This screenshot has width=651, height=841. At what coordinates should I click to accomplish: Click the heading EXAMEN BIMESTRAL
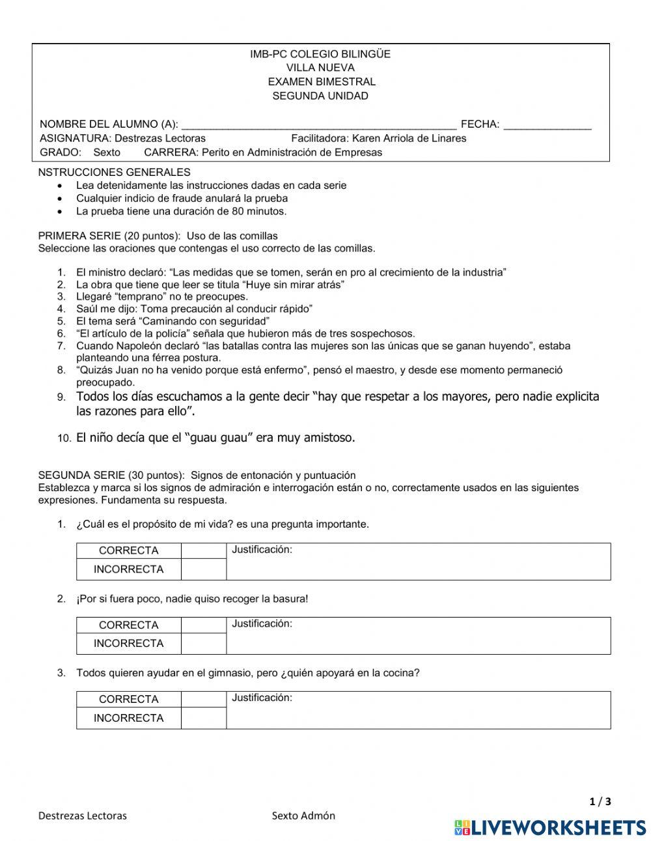click(321, 82)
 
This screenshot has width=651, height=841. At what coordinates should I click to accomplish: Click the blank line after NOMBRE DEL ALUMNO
click(318, 124)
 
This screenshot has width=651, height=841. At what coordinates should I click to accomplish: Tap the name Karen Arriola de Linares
click(409, 138)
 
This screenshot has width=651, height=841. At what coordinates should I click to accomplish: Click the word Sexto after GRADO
click(107, 152)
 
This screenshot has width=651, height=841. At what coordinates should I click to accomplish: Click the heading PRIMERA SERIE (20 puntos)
click(108, 236)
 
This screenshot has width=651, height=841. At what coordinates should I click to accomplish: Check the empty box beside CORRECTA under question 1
click(203, 550)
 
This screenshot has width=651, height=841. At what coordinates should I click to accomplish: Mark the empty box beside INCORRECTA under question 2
click(203, 644)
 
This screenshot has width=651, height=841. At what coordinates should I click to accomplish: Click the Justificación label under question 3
click(262, 698)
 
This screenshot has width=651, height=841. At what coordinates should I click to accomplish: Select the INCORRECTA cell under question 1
click(128, 569)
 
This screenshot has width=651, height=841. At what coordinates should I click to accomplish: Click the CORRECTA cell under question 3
click(128, 700)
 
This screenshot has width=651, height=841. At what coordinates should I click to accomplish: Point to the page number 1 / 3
click(600, 802)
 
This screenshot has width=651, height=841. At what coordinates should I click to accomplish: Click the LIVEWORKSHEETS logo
click(550, 827)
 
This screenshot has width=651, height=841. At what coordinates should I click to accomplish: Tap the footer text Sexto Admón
click(303, 816)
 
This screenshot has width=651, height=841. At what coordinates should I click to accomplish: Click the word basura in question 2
click(292, 599)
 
